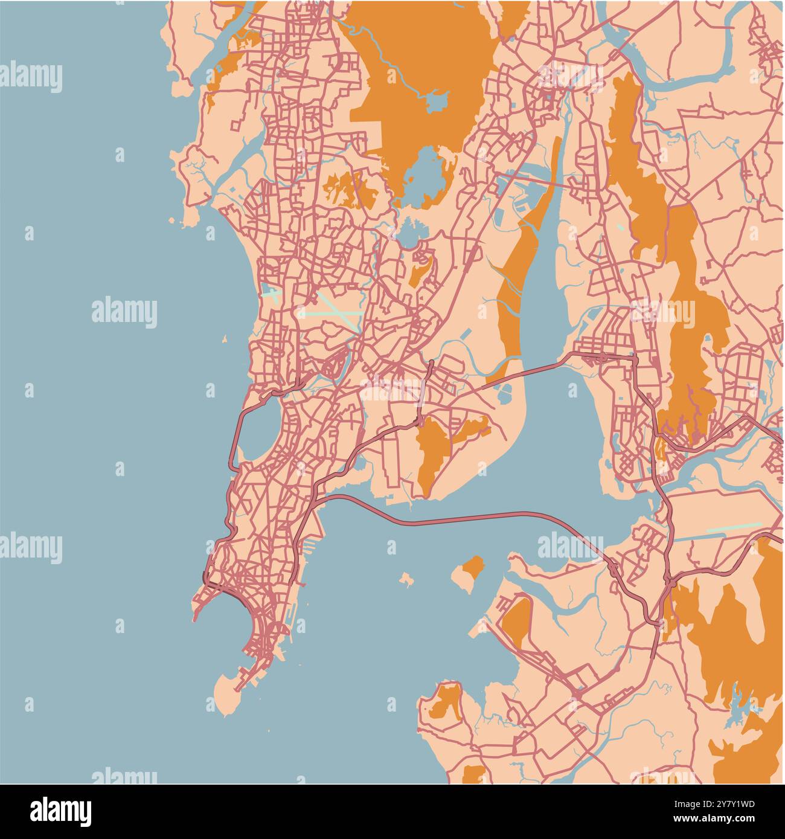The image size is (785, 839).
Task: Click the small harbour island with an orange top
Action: click(469, 571)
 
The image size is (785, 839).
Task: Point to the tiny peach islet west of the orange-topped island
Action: click(406, 580)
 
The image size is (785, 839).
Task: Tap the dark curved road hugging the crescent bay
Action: click(232, 594)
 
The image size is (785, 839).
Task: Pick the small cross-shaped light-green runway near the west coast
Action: click(272, 295)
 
